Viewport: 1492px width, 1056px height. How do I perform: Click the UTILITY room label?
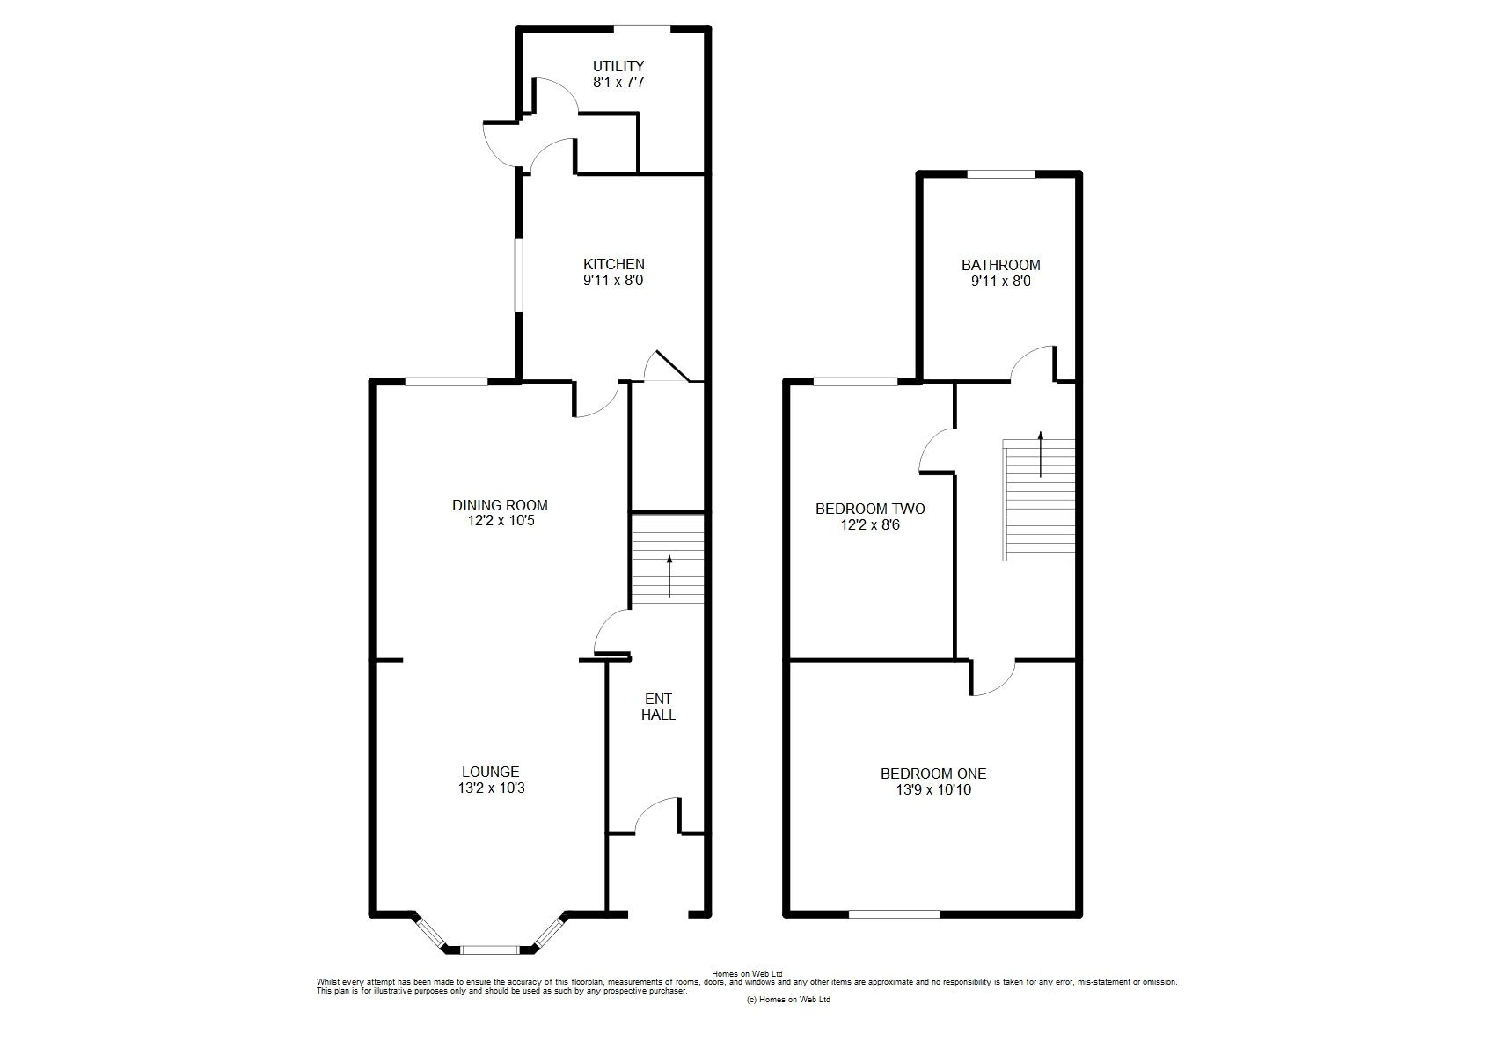click(x=618, y=67)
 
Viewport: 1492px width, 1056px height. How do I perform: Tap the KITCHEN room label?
click(x=613, y=265)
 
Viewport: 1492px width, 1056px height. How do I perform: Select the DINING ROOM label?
click(x=500, y=506)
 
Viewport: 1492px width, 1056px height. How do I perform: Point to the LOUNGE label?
click(x=490, y=772)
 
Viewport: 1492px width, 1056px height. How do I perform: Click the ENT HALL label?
click(x=658, y=707)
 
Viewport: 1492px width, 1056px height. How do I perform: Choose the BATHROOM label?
click(x=1000, y=265)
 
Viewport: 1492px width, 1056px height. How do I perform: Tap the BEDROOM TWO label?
click(x=870, y=509)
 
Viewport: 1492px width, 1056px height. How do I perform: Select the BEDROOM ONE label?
click(x=933, y=774)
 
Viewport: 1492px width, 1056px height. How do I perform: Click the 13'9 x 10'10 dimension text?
click(x=933, y=790)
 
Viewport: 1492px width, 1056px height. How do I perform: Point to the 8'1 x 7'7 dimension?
click(x=618, y=83)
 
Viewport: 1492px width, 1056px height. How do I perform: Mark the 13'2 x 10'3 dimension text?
click(x=491, y=788)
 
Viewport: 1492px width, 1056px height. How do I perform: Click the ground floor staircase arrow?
click(x=669, y=576)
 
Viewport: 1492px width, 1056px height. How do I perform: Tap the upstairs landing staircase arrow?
click(x=1041, y=454)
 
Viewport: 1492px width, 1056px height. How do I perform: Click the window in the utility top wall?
click(x=642, y=29)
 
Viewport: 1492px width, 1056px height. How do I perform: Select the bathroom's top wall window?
click(x=1001, y=174)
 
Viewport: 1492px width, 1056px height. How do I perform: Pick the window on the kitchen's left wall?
click(x=517, y=275)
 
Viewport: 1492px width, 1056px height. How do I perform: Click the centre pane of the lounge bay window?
click(x=489, y=950)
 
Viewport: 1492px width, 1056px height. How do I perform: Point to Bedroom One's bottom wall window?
click(x=894, y=914)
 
